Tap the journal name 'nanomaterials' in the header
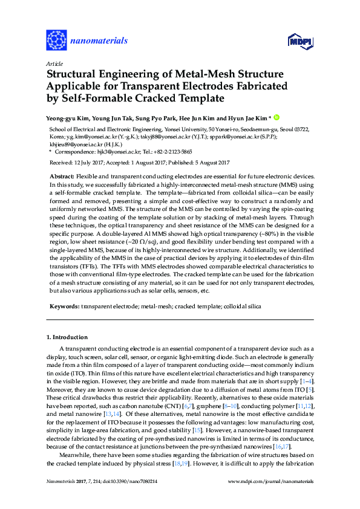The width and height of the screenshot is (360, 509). (99, 41)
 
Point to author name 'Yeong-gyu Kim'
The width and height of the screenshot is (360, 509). (67, 118)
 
